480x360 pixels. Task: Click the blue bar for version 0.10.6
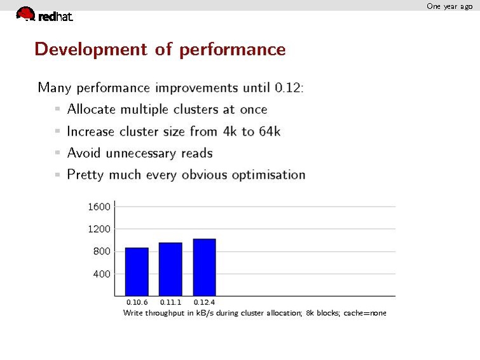coord(137,272)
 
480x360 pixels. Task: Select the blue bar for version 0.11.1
coord(170,269)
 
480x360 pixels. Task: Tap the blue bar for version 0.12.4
coord(205,267)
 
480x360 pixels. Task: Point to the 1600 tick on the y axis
coord(99,207)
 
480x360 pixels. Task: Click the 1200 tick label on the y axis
coord(99,229)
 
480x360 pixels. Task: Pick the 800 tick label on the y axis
coord(102,251)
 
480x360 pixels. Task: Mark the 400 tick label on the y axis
coord(102,274)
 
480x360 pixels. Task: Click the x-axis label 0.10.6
coord(137,302)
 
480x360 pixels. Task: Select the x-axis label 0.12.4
coord(204,302)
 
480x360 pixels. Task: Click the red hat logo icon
coord(25,14)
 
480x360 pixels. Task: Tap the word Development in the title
coord(91,50)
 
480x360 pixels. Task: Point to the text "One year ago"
coord(449,6)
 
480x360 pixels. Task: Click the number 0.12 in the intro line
coord(289,88)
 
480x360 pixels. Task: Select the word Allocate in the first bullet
coord(92,109)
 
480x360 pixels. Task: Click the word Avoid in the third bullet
coord(83,153)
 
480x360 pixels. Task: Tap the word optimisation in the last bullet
coord(268,175)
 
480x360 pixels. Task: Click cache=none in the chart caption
coord(365,313)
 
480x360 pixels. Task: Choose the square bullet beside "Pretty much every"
coord(57,175)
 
